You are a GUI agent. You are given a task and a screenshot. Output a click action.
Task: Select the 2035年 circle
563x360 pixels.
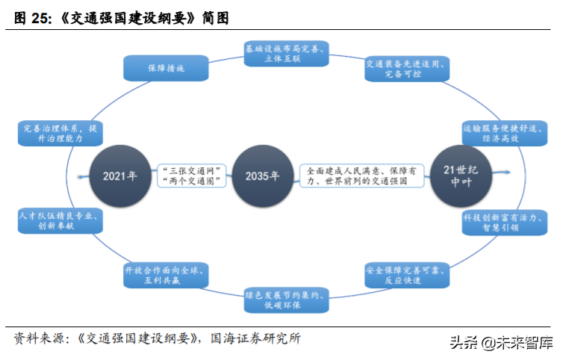coord(263,176)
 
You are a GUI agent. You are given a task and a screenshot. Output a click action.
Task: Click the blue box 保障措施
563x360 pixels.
coord(166,68)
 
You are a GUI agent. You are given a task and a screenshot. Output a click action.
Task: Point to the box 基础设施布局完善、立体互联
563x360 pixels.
coord(287,53)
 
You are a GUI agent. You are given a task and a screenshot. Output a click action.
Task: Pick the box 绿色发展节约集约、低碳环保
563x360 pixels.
coord(287,300)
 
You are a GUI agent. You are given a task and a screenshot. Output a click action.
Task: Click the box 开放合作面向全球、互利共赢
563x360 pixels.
coord(166,274)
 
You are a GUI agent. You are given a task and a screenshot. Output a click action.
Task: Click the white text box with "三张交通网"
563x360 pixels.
coord(191,176)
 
